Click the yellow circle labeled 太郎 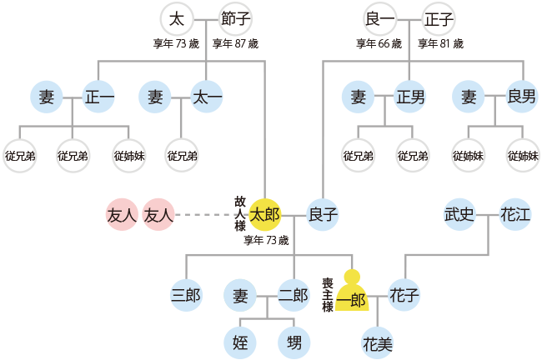[x=265, y=215]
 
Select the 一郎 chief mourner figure [x=352, y=294]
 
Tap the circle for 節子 [x=235, y=18]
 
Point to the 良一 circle [x=379, y=18]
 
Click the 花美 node [x=378, y=342]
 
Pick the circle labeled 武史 [x=459, y=215]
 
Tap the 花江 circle [x=515, y=215]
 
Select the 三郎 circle [x=185, y=295]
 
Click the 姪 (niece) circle [x=240, y=342]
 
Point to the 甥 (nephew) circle [x=294, y=342]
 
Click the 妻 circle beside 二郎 [x=240, y=295]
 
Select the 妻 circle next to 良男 [x=468, y=97]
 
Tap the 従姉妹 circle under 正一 [x=128, y=156]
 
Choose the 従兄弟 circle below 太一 [x=182, y=156]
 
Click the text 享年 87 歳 [x=235, y=43]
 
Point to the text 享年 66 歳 [x=379, y=43]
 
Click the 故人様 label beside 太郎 [x=240, y=214]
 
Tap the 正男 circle [x=411, y=97]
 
